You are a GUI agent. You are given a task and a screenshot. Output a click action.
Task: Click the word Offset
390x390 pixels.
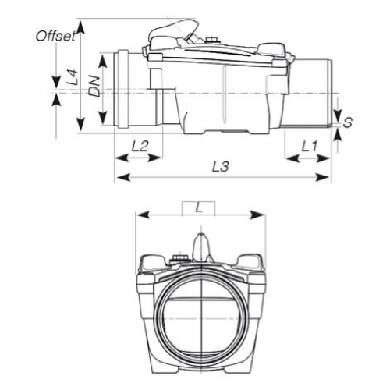click(57, 35)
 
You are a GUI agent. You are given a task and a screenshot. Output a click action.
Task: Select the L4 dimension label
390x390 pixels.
click(73, 76)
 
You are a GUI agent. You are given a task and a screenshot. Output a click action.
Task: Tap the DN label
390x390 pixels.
click(94, 87)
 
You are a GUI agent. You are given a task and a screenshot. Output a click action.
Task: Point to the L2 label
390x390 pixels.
click(140, 145)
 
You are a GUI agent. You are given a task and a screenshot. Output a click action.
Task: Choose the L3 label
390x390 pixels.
click(223, 167)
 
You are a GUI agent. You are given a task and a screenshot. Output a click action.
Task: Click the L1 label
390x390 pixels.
click(309, 145)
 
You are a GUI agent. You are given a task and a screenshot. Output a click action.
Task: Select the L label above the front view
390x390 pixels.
click(199, 207)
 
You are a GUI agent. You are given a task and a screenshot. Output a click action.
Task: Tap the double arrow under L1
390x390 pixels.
click(308, 158)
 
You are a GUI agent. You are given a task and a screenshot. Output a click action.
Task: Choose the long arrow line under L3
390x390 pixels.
click(223, 179)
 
